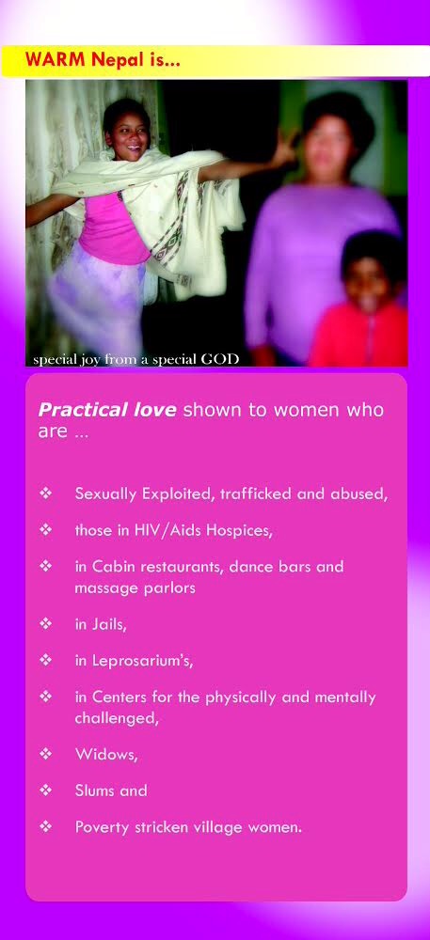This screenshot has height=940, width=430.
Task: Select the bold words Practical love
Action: point(106,410)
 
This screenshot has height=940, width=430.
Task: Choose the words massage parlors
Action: point(135,588)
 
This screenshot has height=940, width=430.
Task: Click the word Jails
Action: point(108,624)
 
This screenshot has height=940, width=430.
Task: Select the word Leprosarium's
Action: point(142,661)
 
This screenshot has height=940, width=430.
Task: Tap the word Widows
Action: point(106,754)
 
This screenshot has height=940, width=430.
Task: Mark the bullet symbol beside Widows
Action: point(45,754)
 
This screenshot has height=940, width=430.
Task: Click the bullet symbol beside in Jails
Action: point(45,624)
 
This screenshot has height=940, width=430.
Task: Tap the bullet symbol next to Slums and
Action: point(45,791)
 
